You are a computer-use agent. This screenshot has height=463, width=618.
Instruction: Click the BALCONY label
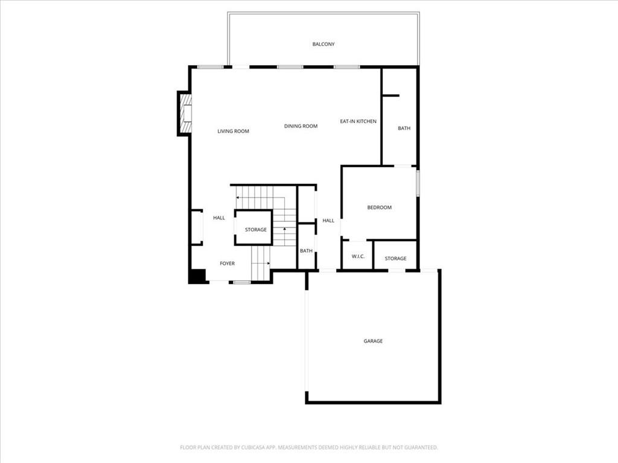tap(323, 44)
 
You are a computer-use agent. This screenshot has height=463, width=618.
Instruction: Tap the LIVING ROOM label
tap(233, 131)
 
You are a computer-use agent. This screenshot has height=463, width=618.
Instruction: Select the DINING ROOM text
tap(301, 126)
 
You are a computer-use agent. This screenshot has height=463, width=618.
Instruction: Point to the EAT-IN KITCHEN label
tap(358, 121)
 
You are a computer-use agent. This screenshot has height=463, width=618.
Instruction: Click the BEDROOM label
tap(379, 207)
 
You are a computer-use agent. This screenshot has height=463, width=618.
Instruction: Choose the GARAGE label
tap(373, 341)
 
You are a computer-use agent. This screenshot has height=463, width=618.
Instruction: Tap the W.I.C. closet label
tap(358, 257)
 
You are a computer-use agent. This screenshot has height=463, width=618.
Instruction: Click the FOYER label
tap(227, 263)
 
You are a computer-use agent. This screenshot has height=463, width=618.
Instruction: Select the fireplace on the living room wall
tap(185, 113)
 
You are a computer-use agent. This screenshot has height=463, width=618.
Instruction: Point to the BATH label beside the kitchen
tap(404, 128)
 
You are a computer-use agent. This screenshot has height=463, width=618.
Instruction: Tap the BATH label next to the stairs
tap(307, 251)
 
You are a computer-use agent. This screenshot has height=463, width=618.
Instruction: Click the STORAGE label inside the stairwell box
tap(255, 230)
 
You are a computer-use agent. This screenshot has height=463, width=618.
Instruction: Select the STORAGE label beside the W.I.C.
tap(395, 259)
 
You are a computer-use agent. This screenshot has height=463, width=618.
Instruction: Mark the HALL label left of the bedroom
tap(328, 221)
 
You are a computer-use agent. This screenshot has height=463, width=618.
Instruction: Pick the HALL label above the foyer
tap(218, 218)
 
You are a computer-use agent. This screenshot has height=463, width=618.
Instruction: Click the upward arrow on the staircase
tap(284, 230)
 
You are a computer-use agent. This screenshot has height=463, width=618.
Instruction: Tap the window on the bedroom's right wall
tap(417, 183)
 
